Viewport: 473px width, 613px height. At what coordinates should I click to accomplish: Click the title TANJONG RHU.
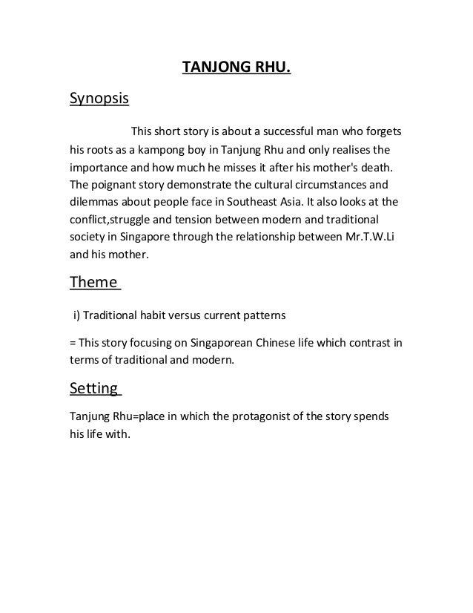point(236,69)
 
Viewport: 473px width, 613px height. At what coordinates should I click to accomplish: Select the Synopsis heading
point(98,99)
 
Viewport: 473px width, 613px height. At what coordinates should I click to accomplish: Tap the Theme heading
point(93,282)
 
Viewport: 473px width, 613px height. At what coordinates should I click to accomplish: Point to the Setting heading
point(93,388)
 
